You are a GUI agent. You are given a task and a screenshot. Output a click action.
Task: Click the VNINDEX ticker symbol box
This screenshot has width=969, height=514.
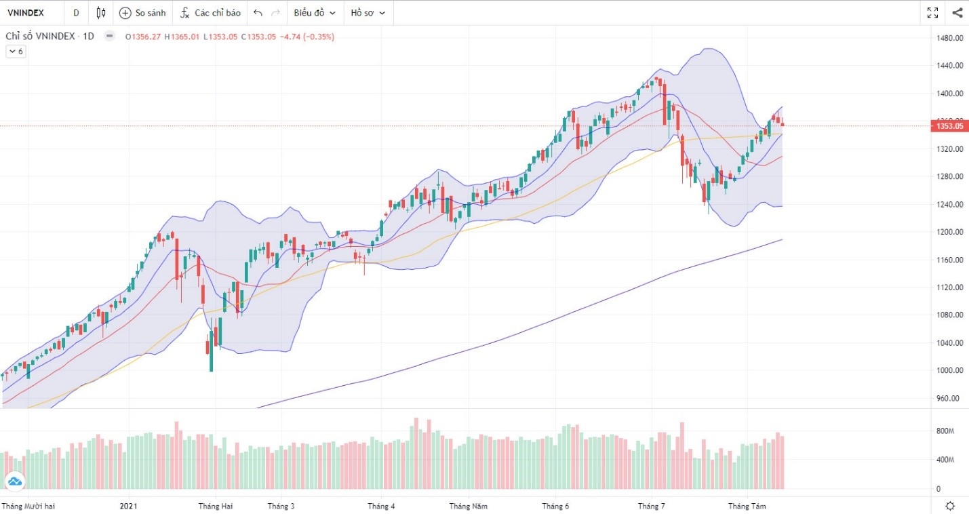(x=26, y=13)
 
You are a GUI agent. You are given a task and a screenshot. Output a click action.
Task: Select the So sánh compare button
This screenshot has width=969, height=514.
(x=143, y=13)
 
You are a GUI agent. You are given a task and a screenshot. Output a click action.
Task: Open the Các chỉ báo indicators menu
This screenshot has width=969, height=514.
(x=210, y=13)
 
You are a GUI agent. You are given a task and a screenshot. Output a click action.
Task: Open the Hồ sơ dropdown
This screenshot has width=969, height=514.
(x=368, y=13)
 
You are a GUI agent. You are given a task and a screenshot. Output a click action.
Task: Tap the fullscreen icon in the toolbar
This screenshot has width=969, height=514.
(x=932, y=13)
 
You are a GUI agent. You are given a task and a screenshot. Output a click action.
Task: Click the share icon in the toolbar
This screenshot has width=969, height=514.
(x=957, y=13)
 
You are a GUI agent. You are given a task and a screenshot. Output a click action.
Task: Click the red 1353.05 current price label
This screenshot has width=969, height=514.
(x=949, y=126)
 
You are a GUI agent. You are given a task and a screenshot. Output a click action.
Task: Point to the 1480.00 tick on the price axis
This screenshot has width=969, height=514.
(x=949, y=38)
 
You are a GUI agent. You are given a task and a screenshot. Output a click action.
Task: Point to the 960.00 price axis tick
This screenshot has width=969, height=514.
(x=949, y=399)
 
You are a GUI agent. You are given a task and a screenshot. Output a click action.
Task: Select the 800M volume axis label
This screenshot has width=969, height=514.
(x=945, y=431)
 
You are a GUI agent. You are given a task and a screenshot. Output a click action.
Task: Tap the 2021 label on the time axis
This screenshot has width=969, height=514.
(x=129, y=506)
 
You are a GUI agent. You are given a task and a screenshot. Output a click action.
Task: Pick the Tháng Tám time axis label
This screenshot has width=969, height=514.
(x=747, y=506)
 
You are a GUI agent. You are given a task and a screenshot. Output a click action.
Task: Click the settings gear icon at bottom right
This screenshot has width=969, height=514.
(x=950, y=506)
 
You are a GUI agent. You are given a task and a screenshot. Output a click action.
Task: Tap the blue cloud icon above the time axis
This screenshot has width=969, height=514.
(x=14, y=481)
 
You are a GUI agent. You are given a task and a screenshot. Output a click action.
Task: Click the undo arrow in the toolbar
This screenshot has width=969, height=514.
(x=258, y=13)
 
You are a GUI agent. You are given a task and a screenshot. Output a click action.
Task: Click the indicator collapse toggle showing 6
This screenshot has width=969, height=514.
(x=16, y=52)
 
